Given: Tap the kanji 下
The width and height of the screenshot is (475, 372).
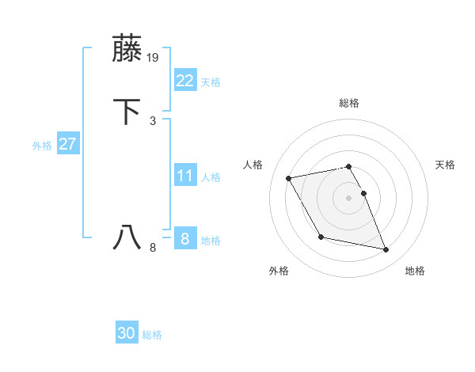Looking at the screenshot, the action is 127,112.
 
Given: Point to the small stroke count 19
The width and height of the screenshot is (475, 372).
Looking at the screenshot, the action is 154,58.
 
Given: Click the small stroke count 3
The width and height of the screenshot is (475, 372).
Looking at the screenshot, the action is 153,120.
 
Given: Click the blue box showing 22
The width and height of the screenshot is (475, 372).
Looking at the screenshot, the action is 184,80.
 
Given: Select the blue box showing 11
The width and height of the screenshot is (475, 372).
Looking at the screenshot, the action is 184,175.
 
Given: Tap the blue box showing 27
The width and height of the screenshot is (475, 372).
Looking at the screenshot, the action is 68,144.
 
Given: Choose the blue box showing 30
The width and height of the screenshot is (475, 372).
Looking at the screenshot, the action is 127,333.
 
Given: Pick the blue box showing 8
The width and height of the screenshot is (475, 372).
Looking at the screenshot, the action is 184,238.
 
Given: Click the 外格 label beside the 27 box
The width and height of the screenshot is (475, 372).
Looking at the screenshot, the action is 42,146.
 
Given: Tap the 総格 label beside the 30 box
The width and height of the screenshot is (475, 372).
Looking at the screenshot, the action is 152,335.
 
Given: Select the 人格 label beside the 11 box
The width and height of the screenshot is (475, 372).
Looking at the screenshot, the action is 211,177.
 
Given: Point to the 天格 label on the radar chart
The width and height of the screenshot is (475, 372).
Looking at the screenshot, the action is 445,165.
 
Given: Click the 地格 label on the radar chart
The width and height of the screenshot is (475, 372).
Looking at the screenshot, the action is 415,271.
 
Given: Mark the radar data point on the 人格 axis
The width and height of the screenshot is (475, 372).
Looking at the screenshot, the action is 289,177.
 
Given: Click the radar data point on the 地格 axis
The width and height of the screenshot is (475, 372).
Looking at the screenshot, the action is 386,250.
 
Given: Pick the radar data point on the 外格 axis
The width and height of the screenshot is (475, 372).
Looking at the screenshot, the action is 321,237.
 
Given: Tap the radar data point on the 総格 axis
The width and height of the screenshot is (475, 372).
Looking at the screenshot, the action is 348,166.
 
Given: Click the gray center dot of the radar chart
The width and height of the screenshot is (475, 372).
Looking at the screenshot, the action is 348,197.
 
